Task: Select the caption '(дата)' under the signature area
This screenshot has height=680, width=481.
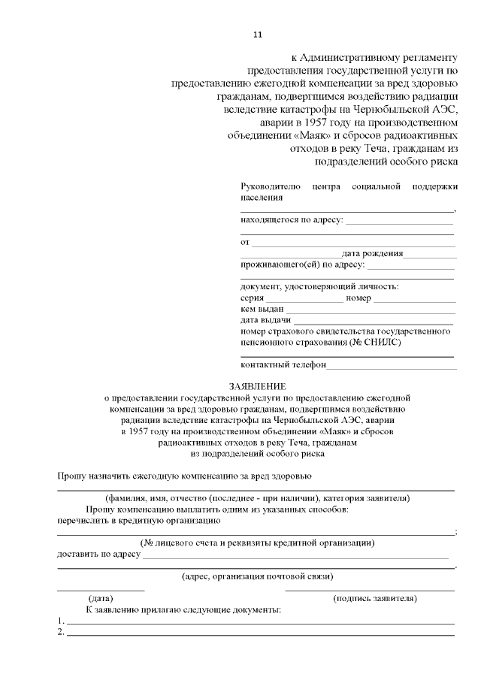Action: point(101,598)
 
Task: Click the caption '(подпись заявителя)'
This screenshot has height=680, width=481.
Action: point(374,598)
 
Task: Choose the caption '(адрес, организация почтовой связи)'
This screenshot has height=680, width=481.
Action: point(258,576)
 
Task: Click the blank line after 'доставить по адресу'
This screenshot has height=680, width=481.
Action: point(295,558)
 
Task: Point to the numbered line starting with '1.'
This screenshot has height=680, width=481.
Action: point(259,622)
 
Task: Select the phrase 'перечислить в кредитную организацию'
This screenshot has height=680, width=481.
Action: point(138,519)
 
